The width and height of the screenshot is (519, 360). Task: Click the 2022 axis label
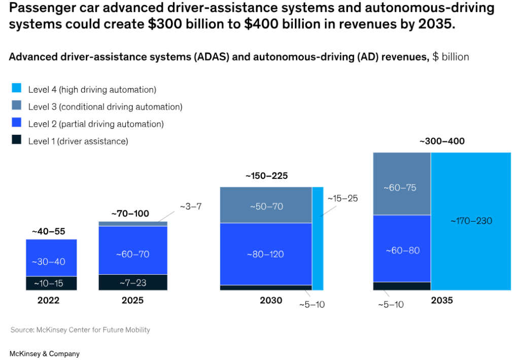pos(48,300)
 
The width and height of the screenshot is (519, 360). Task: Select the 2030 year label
pos(271,300)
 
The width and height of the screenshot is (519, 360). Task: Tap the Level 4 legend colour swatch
pos(16,89)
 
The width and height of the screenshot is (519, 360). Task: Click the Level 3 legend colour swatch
pos(16,106)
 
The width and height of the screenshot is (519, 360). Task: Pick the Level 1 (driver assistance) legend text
pos(78,141)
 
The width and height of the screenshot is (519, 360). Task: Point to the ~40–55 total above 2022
pos(48,231)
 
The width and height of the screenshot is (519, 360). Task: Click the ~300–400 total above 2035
pos(441,141)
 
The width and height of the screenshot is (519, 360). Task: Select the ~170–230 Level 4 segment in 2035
pos(471,221)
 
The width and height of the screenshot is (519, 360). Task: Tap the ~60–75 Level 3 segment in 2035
pos(402,187)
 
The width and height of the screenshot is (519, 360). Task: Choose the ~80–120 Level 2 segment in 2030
pos(266,254)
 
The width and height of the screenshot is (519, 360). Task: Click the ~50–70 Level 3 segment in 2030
pos(266,206)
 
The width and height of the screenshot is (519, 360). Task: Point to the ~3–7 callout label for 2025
pos(191,206)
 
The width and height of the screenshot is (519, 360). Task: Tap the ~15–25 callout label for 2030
pos(342,198)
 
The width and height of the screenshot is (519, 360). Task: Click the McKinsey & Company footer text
pos(45,353)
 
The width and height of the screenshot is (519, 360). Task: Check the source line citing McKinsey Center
pos(80,330)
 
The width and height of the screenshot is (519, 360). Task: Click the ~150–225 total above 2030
pos(266,176)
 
